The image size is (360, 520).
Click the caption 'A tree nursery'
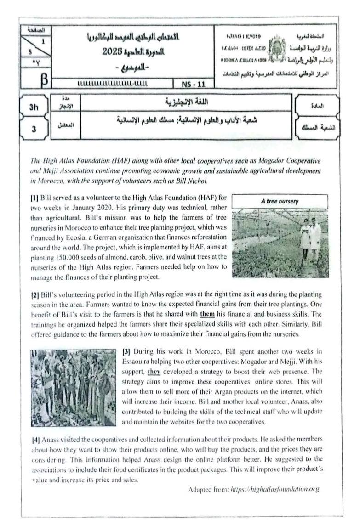point(280,201)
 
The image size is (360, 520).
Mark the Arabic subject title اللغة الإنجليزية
point(189,102)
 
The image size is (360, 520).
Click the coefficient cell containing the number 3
point(34,129)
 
